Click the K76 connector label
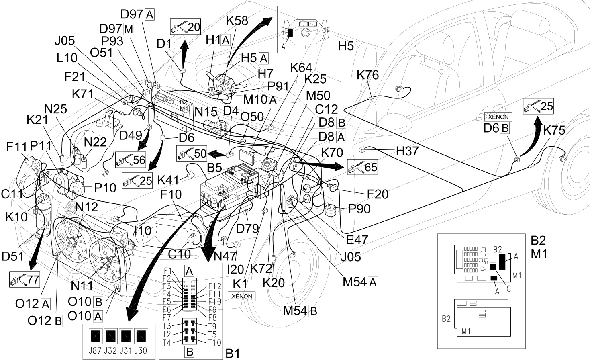coord(368,75)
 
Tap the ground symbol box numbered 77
coord(24,279)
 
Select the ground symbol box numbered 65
coord(362,167)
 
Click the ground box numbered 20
coord(186,27)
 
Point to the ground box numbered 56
coord(131,160)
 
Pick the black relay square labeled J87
coord(95,336)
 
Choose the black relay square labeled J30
coord(141,336)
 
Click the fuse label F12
coord(214,286)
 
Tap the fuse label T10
coord(214,343)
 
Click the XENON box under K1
coord(241,296)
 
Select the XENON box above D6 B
coord(498,117)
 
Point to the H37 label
coord(407,151)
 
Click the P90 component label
coord(359,209)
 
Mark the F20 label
coord(378,194)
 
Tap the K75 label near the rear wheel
coord(554,130)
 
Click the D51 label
coord(12,256)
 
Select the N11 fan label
coord(82,285)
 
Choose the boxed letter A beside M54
coord(373,282)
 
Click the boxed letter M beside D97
coord(128,29)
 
